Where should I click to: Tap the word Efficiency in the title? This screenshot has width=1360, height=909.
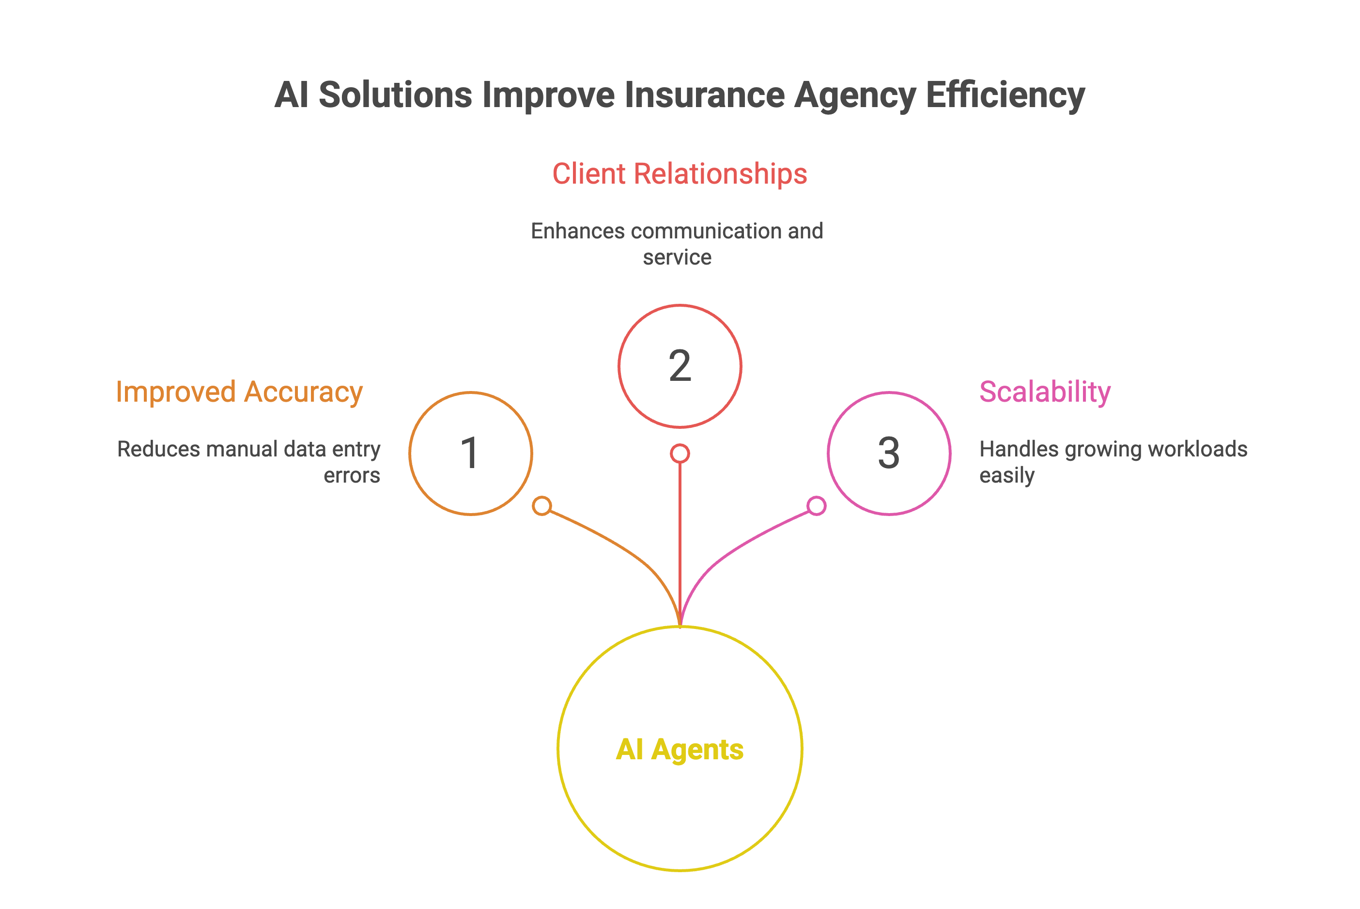click(x=1005, y=95)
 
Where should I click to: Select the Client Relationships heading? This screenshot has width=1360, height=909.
click(x=679, y=174)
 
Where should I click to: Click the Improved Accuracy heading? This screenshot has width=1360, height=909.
click(x=239, y=392)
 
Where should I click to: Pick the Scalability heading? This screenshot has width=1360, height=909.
click(x=1045, y=392)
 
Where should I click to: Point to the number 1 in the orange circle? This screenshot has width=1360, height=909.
click(x=470, y=454)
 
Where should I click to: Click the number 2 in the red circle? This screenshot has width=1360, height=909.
click(x=680, y=366)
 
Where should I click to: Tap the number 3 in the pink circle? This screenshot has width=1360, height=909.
click(x=889, y=454)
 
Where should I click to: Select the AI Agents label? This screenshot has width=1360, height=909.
click(x=680, y=749)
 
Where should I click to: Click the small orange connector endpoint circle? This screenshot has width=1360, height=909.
click(x=542, y=505)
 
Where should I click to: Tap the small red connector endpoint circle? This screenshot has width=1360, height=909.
click(x=680, y=454)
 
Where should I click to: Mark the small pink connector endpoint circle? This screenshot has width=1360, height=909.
click(x=817, y=505)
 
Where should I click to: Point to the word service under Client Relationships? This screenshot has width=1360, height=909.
click(x=677, y=257)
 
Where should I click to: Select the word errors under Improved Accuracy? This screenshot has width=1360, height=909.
click(x=352, y=475)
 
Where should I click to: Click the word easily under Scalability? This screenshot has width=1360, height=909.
click(x=1006, y=476)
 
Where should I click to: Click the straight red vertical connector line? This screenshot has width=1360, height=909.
click(x=680, y=539)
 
